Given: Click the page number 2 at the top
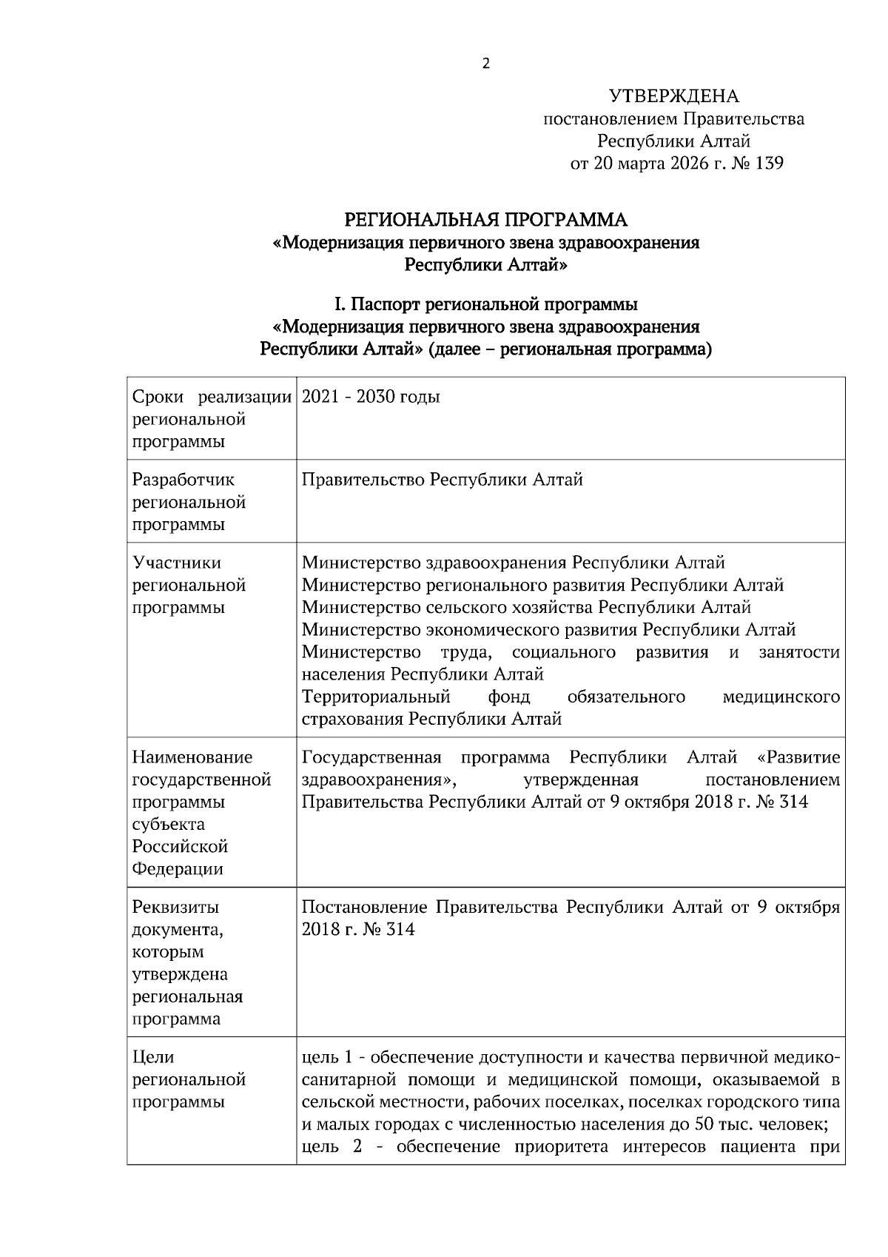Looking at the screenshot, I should pyautogui.click(x=485, y=64).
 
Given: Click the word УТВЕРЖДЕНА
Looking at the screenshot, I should pyautogui.click(x=673, y=96).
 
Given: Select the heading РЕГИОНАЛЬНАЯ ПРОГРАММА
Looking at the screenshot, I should pyautogui.click(x=486, y=220).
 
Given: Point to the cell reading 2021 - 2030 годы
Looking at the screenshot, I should pyautogui.click(x=371, y=397).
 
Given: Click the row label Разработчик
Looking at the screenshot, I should pyautogui.click(x=183, y=480).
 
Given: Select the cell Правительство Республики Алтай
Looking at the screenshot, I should pyautogui.click(x=443, y=480).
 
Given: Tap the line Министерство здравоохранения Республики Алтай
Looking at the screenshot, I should pyautogui.click(x=513, y=563).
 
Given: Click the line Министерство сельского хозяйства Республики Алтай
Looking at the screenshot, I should pyautogui.click(x=526, y=607).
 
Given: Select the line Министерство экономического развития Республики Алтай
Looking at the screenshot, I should pyautogui.click(x=548, y=630).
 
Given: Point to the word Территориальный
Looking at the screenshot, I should pyautogui.click(x=376, y=697).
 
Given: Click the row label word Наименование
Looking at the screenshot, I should pyautogui.click(x=192, y=757).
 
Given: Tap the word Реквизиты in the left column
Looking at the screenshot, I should pyautogui.click(x=175, y=907).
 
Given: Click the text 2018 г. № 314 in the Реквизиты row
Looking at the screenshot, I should pyautogui.click(x=358, y=929).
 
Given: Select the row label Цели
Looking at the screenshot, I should pyautogui.click(x=153, y=1057).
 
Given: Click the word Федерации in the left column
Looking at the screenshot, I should pyautogui.click(x=177, y=868).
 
